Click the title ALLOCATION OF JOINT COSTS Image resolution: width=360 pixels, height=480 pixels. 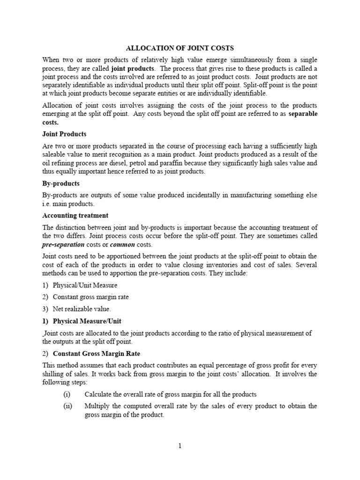180,48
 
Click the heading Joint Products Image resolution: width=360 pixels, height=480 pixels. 64,134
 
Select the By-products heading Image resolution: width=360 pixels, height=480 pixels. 61,183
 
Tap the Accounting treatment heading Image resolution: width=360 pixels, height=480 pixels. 75,216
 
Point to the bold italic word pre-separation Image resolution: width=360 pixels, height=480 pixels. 63,245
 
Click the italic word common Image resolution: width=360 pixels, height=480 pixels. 122,245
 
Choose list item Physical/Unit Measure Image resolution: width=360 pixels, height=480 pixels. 85,285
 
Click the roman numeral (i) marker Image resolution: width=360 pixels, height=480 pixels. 67,394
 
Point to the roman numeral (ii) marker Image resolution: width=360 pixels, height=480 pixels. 67,406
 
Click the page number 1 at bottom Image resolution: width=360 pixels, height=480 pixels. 180,446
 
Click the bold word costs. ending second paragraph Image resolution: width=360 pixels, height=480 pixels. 51,122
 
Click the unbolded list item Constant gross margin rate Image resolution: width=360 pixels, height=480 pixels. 90,297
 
